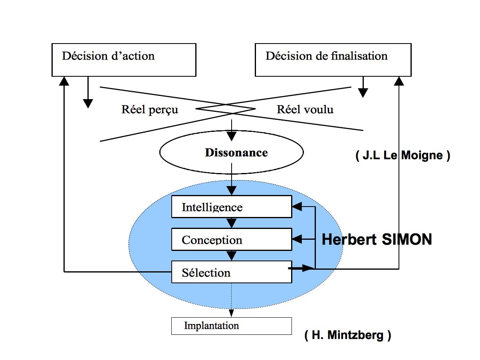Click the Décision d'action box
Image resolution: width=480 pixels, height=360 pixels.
pos(124,60)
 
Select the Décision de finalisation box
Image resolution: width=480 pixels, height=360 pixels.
pos(333,60)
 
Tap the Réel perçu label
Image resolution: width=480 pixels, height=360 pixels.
pos(150,109)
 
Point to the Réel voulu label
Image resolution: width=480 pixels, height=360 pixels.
pos(305,109)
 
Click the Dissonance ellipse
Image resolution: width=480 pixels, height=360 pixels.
pos(232,153)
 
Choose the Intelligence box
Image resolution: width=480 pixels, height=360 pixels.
pos(232,207)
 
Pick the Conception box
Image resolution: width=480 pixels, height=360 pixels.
pos(232,239)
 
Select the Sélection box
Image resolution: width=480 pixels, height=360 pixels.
pos(232,272)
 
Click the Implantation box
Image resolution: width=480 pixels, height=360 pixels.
pos(232,326)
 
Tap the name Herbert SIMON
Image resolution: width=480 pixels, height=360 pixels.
pos(377,239)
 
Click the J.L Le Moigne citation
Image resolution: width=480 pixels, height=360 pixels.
pos(403,155)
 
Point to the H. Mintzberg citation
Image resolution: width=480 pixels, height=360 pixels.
pos(347,335)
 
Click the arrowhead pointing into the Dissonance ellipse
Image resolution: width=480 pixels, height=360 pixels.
pos(232,136)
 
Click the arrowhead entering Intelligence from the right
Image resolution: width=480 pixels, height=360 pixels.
pos(298,207)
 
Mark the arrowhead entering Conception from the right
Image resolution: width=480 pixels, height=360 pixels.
pos(298,239)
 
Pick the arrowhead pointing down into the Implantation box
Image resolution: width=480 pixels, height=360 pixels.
pos(232,313)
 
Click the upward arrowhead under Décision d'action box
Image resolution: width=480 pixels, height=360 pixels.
pos(64,81)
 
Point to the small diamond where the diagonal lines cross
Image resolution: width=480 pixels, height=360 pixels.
pos(226,109)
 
